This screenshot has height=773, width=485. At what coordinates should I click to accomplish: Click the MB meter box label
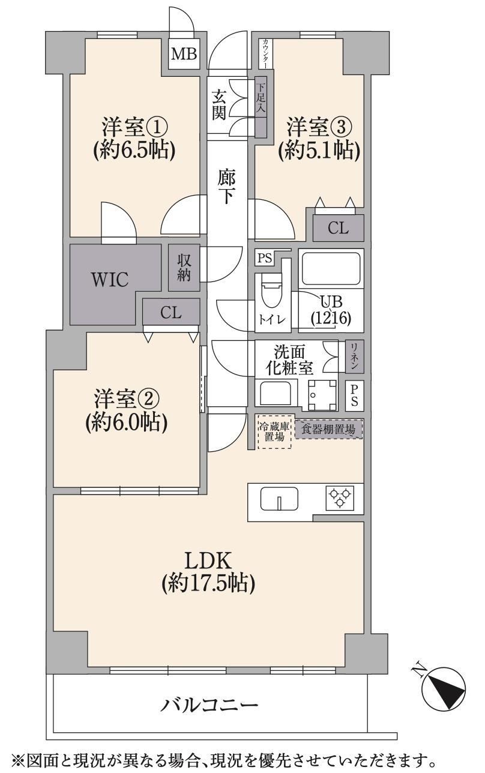tap(184, 54)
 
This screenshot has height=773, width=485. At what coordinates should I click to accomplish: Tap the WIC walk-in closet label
tap(110, 280)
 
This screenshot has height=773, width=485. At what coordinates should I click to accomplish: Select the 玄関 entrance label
tap(219, 104)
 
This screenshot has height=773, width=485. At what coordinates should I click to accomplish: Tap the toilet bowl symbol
tap(271, 291)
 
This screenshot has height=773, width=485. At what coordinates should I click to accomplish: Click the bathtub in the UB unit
tap(331, 268)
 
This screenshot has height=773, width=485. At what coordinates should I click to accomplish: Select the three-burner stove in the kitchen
tap(340, 498)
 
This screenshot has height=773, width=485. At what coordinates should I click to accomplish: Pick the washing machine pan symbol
tap(322, 395)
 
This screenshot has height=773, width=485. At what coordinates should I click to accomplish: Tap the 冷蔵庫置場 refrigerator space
tap(275, 431)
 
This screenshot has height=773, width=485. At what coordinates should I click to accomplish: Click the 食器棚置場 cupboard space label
tap(328, 430)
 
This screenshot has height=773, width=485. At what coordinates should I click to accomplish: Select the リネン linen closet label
tap(354, 357)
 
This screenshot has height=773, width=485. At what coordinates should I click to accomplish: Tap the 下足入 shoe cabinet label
tap(261, 98)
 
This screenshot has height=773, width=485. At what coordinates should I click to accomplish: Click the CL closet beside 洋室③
tap(339, 228)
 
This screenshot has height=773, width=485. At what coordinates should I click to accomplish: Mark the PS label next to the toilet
tap(265, 258)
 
